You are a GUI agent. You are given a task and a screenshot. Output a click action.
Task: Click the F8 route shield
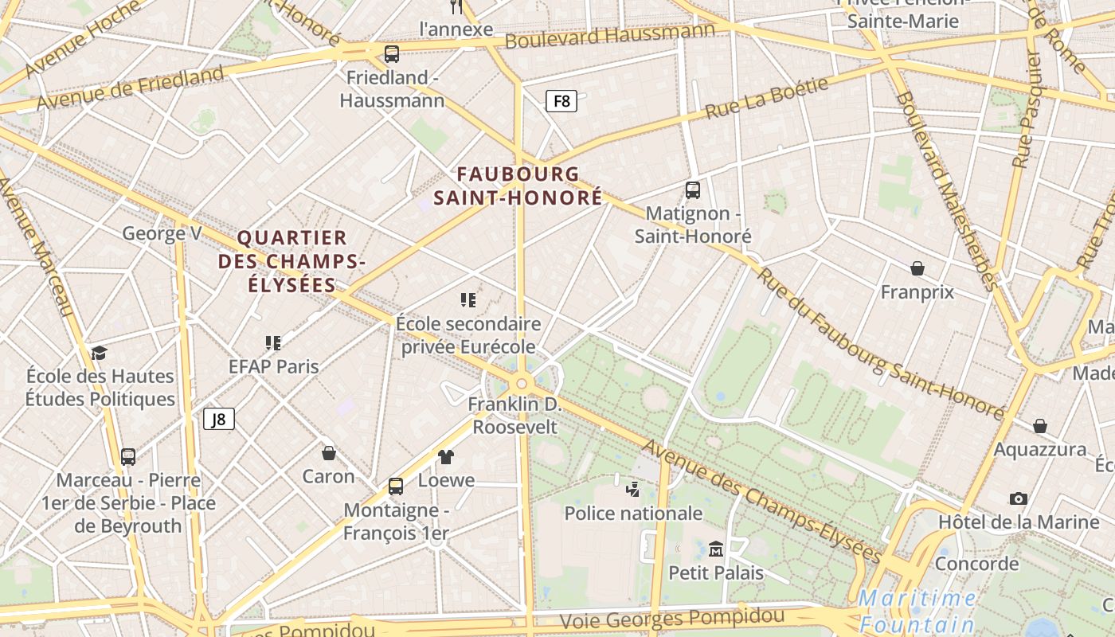[x=561, y=101]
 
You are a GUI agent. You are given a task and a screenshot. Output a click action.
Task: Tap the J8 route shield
[x=219, y=419]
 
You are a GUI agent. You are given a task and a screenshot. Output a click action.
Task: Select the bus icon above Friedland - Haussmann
[x=391, y=54]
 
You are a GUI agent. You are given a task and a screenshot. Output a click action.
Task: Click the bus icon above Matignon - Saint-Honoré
[x=692, y=190]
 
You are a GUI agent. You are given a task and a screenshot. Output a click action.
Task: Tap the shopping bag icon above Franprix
[x=917, y=268]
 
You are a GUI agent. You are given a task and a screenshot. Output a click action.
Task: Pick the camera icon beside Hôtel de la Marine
[x=1018, y=498]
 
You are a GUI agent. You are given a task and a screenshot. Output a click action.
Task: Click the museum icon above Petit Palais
[x=715, y=549]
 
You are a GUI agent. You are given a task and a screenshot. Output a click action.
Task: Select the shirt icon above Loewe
[x=446, y=456]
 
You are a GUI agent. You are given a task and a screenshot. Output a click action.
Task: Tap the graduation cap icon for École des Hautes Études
[x=99, y=352]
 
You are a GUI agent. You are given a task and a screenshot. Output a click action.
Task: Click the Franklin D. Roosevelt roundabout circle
[x=522, y=384]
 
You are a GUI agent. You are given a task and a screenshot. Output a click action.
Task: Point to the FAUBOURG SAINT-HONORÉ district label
[x=518, y=186]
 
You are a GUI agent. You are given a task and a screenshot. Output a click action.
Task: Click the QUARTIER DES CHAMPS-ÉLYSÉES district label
[x=292, y=261]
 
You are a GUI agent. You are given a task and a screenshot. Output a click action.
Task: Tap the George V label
[x=162, y=233]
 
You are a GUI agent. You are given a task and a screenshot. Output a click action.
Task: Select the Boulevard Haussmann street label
[x=610, y=35]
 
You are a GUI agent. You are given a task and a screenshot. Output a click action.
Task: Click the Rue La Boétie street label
[x=766, y=98]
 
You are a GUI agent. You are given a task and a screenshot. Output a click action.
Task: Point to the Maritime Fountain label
[x=917, y=611]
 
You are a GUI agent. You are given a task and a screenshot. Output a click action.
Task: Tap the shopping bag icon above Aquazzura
[x=1039, y=426]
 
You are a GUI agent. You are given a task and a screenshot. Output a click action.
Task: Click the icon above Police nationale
[x=633, y=489]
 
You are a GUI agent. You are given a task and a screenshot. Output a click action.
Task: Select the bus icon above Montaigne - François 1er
[x=396, y=486]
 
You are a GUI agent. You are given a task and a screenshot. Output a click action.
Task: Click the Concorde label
[x=976, y=564]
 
